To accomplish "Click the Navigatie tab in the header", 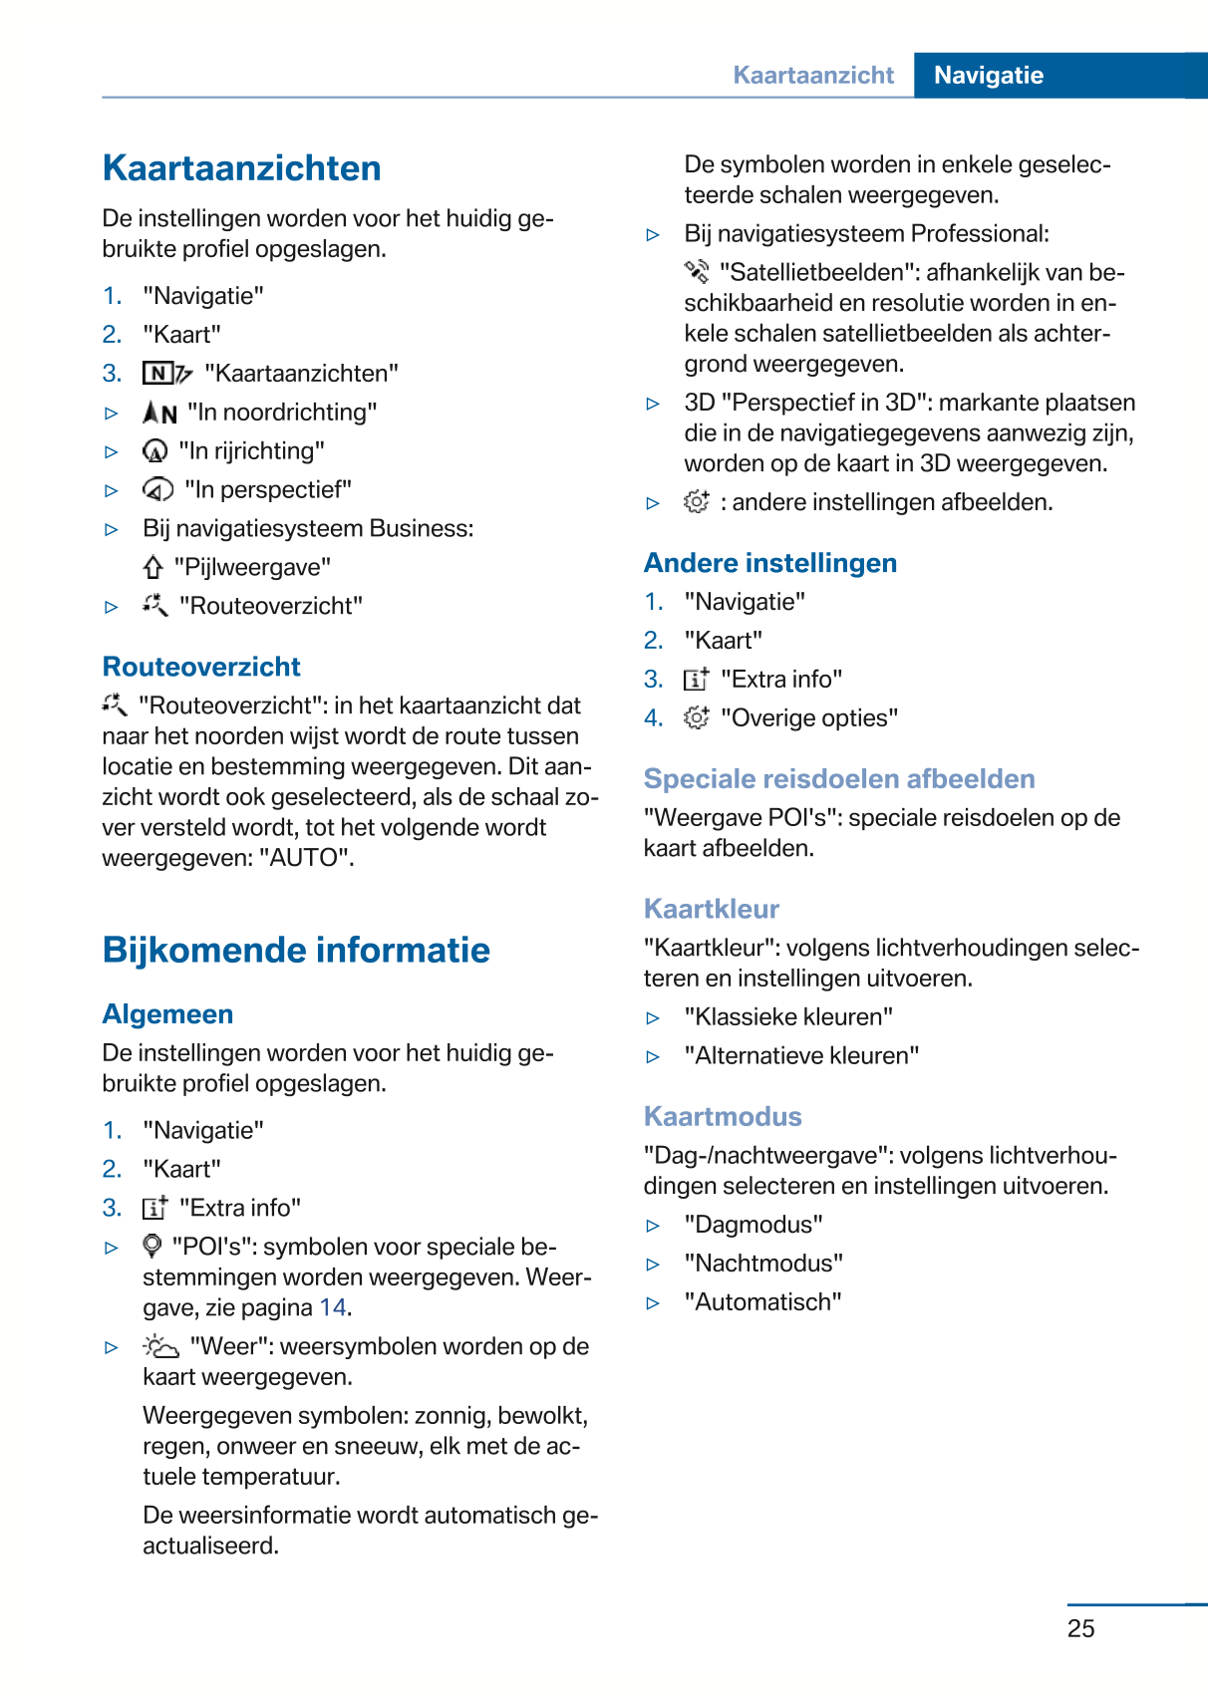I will (x=988, y=76).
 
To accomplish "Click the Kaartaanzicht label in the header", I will (x=813, y=76).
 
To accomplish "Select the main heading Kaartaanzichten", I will (x=241, y=168).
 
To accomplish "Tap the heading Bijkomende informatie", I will (x=296, y=951).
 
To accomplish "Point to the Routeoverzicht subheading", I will (x=201, y=667).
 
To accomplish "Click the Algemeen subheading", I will (x=167, y=1014).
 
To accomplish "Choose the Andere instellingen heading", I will (x=769, y=563).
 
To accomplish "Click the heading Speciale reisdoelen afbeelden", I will (x=839, y=779).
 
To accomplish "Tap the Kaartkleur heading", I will (x=711, y=909).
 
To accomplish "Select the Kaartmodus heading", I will (x=723, y=1116).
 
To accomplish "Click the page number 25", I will (x=1080, y=1628).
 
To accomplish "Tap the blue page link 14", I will (x=333, y=1307).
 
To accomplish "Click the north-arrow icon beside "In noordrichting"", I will (x=159, y=413).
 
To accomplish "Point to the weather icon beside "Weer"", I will (x=160, y=1347).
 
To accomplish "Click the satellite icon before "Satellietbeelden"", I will (x=696, y=272).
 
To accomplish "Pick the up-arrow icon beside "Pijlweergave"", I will (x=152, y=568).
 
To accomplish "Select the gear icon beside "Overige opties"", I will (x=696, y=717).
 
